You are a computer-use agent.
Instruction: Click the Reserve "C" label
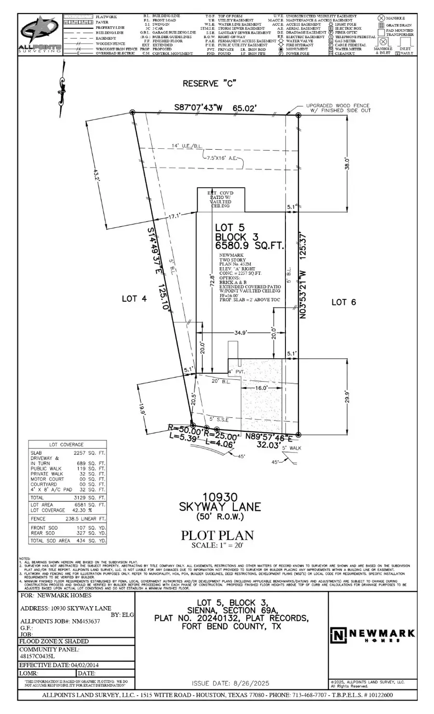pyautogui.click(x=209, y=83)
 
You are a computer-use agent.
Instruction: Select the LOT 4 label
pyautogui.click(x=134, y=299)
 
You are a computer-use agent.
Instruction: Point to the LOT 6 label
pyautogui.click(x=343, y=302)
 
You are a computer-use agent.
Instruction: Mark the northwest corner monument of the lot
pyautogui.click(x=133, y=112)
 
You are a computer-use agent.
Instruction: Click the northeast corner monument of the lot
pyautogui.click(x=298, y=116)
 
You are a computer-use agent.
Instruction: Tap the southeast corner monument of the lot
pyautogui.click(x=298, y=435)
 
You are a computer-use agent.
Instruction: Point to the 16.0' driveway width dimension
pyautogui.click(x=261, y=388)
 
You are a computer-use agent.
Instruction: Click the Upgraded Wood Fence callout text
pyautogui.click(x=337, y=108)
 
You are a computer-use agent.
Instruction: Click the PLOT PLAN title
pyautogui.click(x=217, y=535)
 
